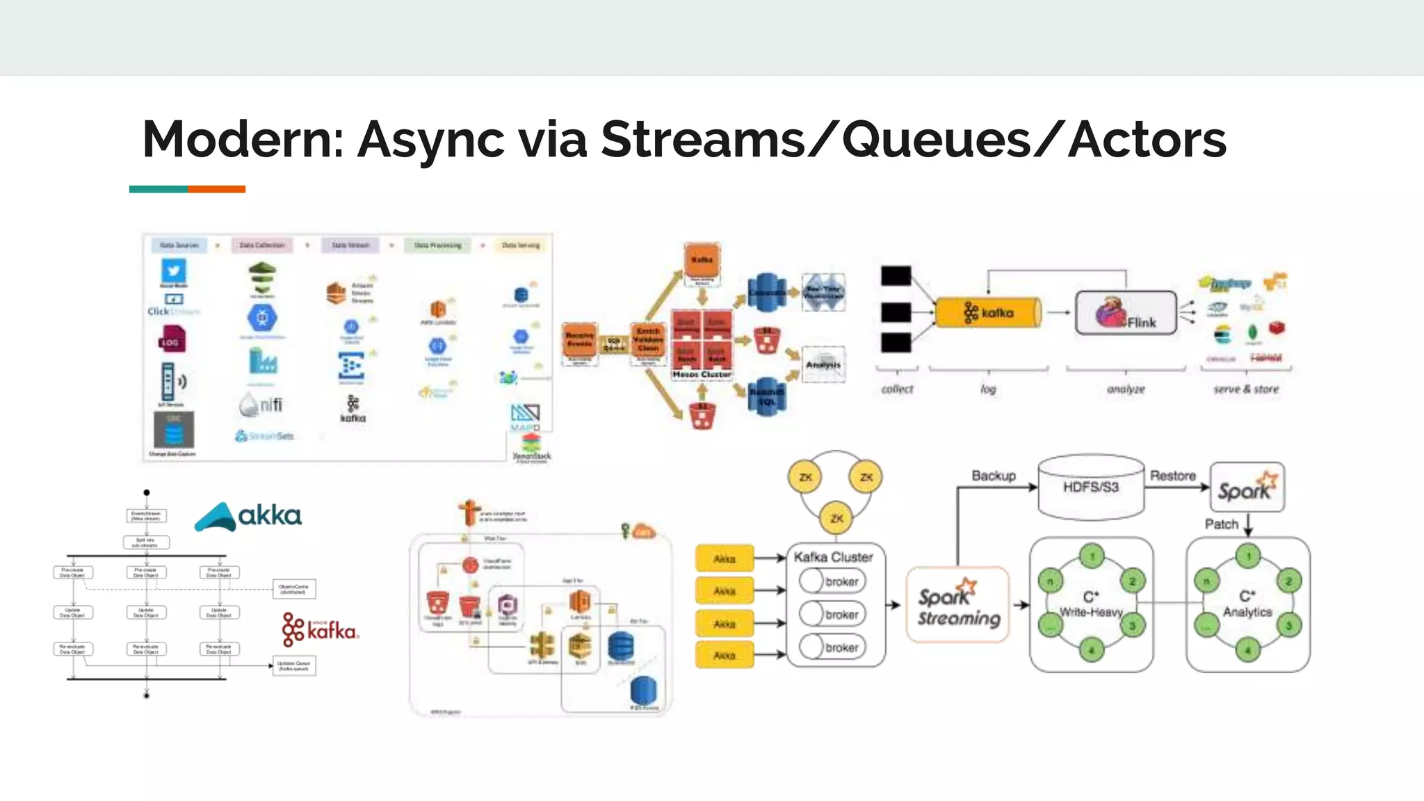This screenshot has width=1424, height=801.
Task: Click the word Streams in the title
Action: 702,140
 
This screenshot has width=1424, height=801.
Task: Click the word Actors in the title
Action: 1147,140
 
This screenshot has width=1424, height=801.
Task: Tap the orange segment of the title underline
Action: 216,189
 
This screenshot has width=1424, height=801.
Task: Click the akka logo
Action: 248,516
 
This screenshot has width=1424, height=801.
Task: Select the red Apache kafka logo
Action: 320,630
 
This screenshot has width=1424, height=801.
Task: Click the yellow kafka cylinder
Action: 987,313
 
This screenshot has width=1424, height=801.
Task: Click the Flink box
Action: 1126,313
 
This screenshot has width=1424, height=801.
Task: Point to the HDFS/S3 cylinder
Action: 1090,487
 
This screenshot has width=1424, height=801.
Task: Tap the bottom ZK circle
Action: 836,519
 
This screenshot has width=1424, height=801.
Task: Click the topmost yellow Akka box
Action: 725,558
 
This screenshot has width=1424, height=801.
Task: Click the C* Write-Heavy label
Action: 1091,604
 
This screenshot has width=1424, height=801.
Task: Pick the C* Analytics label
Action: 1247,604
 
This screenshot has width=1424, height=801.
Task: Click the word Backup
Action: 994,476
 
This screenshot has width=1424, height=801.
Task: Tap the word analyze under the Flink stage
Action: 1126,389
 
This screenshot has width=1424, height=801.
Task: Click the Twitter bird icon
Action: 174,270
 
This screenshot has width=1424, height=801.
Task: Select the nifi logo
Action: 261,405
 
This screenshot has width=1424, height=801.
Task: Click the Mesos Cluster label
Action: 702,374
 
